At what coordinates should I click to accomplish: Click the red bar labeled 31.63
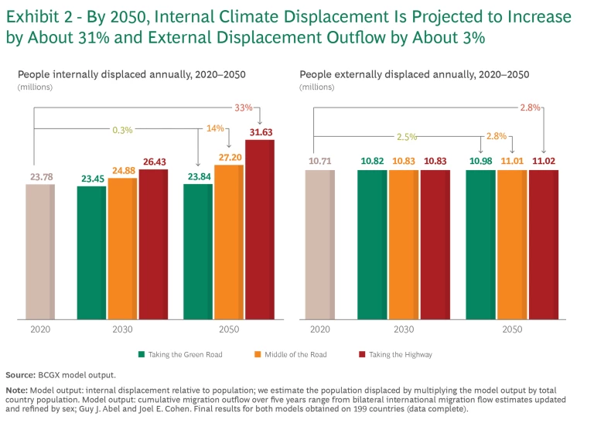(x=260, y=230)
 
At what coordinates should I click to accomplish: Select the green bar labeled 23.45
(x=92, y=253)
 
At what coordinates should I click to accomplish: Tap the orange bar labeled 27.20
(x=229, y=242)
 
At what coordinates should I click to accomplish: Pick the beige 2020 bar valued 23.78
(x=40, y=251)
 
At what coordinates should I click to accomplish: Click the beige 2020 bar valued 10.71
(x=320, y=244)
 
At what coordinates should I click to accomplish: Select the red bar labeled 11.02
(x=542, y=244)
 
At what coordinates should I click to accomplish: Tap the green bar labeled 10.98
(x=480, y=244)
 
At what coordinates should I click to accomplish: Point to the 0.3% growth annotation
(x=121, y=130)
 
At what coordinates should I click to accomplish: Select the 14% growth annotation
(x=214, y=128)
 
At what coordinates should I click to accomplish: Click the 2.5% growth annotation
(x=408, y=136)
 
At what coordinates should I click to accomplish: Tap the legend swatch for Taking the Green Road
(x=142, y=354)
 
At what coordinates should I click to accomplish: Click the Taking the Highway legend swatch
(x=362, y=354)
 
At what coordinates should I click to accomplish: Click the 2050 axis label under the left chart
(x=229, y=329)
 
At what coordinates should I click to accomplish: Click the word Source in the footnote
(x=20, y=374)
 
